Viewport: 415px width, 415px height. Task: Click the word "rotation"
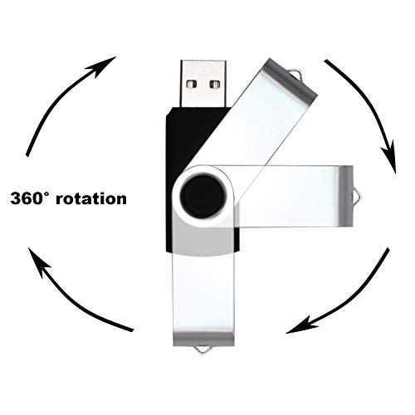(x=91, y=199)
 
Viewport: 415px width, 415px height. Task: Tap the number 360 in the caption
(x=27, y=198)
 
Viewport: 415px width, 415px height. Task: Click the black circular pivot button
(x=203, y=196)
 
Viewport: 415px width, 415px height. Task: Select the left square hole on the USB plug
(x=191, y=84)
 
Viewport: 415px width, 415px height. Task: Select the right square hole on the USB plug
(x=214, y=84)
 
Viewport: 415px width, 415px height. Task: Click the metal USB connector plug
(x=203, y=84)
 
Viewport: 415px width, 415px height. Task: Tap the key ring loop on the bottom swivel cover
(x=203, y=349)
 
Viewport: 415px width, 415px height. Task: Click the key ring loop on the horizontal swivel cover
(x=357, y=196)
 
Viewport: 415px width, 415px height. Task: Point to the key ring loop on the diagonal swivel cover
(x=297, y=73)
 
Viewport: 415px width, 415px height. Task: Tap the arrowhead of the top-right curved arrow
(x=389, y=159)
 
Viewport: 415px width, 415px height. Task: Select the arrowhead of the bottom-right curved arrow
(x=300, y=326)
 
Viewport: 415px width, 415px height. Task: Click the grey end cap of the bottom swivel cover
(x=203, y=339)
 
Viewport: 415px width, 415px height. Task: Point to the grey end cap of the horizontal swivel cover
(x=346, y=196)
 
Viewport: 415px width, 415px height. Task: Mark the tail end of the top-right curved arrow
(x=325, y=61)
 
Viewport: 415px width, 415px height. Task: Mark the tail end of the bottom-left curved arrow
(x=133, y=330)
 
